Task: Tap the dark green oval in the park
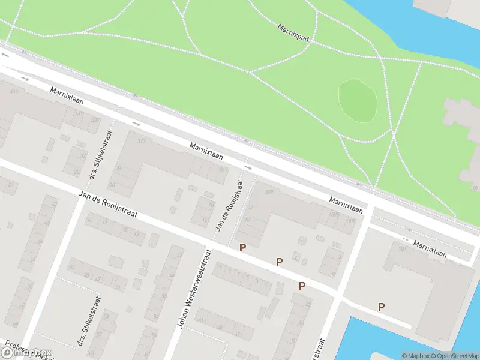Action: [358, 99]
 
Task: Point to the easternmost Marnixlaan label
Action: [430, 249]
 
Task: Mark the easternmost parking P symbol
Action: [381, 307]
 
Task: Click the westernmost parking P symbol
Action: [242, 247]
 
